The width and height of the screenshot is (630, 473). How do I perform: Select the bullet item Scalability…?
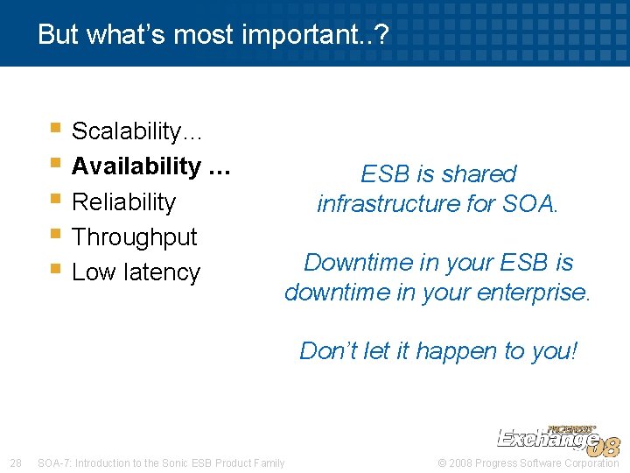click(x=137, y=131)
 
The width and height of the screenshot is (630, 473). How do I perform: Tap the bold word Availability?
click(x=136, y=166)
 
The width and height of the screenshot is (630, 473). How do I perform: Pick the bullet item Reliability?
click(x=123, y=201)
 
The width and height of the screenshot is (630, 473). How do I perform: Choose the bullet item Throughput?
click(x=134, y=236)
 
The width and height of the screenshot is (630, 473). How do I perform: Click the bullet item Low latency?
click(x=136, y=272)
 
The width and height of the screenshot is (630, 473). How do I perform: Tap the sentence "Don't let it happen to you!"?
click(x=438, y=350)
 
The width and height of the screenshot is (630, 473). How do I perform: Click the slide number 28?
click(x=15, y=462)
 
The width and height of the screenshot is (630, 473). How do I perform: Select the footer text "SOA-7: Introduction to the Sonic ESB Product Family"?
click(x=161, y=462)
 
